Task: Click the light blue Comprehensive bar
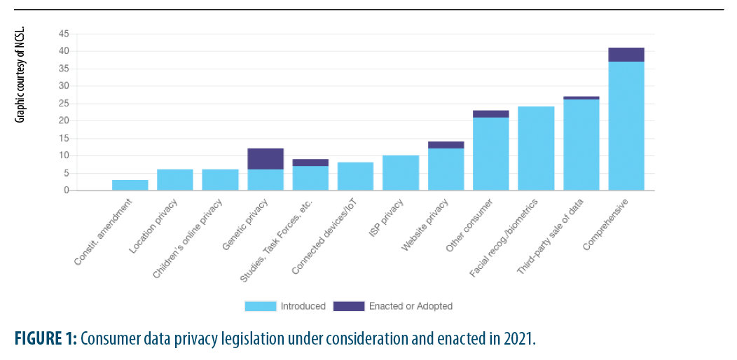626,126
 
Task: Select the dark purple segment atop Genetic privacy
266,159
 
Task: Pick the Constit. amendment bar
130,185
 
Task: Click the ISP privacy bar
401,172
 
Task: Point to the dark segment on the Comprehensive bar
626,55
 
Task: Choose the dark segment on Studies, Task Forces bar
310,162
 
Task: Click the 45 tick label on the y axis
64,34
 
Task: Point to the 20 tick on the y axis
64,120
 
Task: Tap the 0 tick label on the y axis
67,190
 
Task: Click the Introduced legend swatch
260,306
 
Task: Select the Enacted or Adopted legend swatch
349,306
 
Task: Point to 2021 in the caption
517,339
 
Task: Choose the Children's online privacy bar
220,179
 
